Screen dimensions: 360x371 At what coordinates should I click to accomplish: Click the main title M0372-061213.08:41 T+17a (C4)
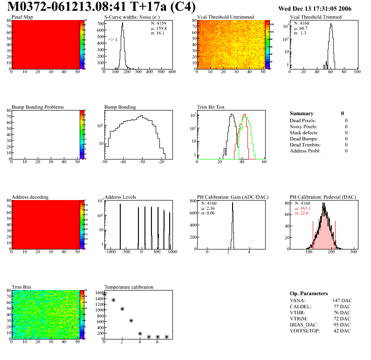coord(102,7)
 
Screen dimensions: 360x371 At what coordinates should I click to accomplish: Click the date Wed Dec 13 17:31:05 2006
coord(315,9)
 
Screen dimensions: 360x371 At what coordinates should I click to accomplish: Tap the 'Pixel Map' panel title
coord(22,17)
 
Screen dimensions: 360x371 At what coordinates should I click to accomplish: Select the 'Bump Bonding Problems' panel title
coord(38,107)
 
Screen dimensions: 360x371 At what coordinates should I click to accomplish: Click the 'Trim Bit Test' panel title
coord(211,107)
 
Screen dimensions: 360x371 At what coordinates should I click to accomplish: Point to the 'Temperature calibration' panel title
coord(129,287)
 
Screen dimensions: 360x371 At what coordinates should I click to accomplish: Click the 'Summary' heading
coord(302,113)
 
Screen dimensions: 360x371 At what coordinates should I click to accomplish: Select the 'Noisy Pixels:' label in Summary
coord(304,126)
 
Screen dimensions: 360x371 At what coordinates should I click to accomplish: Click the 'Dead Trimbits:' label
coord(305,145)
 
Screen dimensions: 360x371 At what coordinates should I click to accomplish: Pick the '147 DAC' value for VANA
coord(342,301)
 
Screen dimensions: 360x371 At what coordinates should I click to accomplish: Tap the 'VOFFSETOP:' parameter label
coord(305,331)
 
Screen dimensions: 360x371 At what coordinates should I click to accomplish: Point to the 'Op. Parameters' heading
coord(309,293)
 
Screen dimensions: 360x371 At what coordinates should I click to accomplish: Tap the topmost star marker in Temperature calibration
coord(104,294)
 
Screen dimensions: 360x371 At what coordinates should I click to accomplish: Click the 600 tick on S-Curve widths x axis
coord(172,72)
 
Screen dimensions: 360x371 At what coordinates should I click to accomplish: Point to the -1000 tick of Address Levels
coord(110,252)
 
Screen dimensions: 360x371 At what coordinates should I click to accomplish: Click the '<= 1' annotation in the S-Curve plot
coord(112,40)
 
